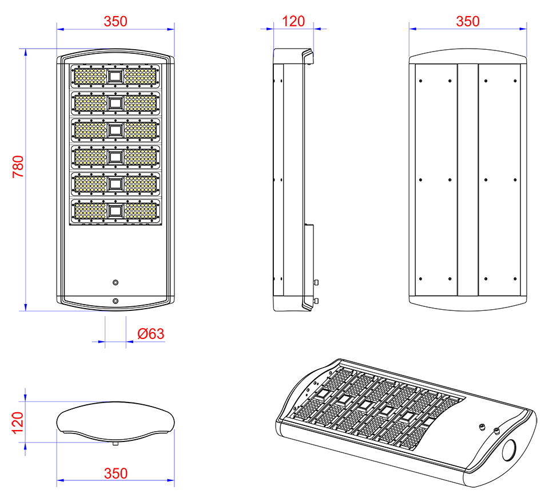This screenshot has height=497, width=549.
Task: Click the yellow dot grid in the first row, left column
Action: [x=90, y=76]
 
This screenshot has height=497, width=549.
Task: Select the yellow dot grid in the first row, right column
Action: [x=140, y=76]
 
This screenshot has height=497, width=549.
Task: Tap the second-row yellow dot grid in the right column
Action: [x=140, y=103]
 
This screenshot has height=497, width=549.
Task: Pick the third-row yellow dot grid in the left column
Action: [x=90, y=130]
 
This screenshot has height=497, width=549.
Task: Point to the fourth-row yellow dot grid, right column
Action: [x=140, y=157]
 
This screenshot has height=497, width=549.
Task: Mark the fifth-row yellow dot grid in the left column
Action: [x=90, y=184]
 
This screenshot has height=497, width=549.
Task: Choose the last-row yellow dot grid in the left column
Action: [x=90, y=211]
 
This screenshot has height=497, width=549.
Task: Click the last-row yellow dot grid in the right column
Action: [x=140, y=211]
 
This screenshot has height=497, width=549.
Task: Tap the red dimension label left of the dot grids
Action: [x=17, y=168]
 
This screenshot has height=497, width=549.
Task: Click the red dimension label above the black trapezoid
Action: [x=468, y=22]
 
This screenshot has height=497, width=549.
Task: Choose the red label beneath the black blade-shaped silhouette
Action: [x=115, y=471]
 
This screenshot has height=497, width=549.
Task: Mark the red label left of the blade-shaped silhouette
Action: [x=17, y=423]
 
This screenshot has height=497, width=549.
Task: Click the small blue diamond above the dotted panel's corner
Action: [x=55, y=53]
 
